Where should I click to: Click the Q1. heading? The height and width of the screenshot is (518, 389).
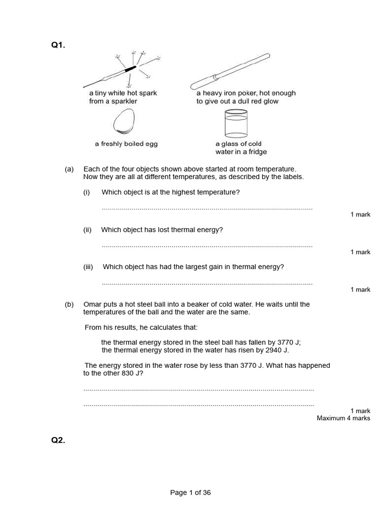(x=58, y=46)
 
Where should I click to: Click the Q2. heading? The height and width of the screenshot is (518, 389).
(x=58, y=440)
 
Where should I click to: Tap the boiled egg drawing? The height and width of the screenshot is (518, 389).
(x=125, y=122)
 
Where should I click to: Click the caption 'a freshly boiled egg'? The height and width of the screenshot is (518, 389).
(x=126, y=144)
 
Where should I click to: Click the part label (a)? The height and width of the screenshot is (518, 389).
(x=69, y=169)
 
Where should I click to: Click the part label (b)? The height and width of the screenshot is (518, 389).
(x=69, y=305)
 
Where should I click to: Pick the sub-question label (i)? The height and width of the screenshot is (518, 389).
(x=87, y=192)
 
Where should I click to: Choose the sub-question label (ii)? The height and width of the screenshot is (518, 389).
(x=87, y=230)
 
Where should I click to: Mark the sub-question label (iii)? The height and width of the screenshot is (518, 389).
(x=88, y=267)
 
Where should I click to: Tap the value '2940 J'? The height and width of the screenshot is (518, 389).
(x=276, y=350)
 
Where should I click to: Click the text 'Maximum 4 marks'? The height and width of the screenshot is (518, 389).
(x=343, y=418)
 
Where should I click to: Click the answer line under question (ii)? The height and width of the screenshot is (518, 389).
(x=207, y=246)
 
